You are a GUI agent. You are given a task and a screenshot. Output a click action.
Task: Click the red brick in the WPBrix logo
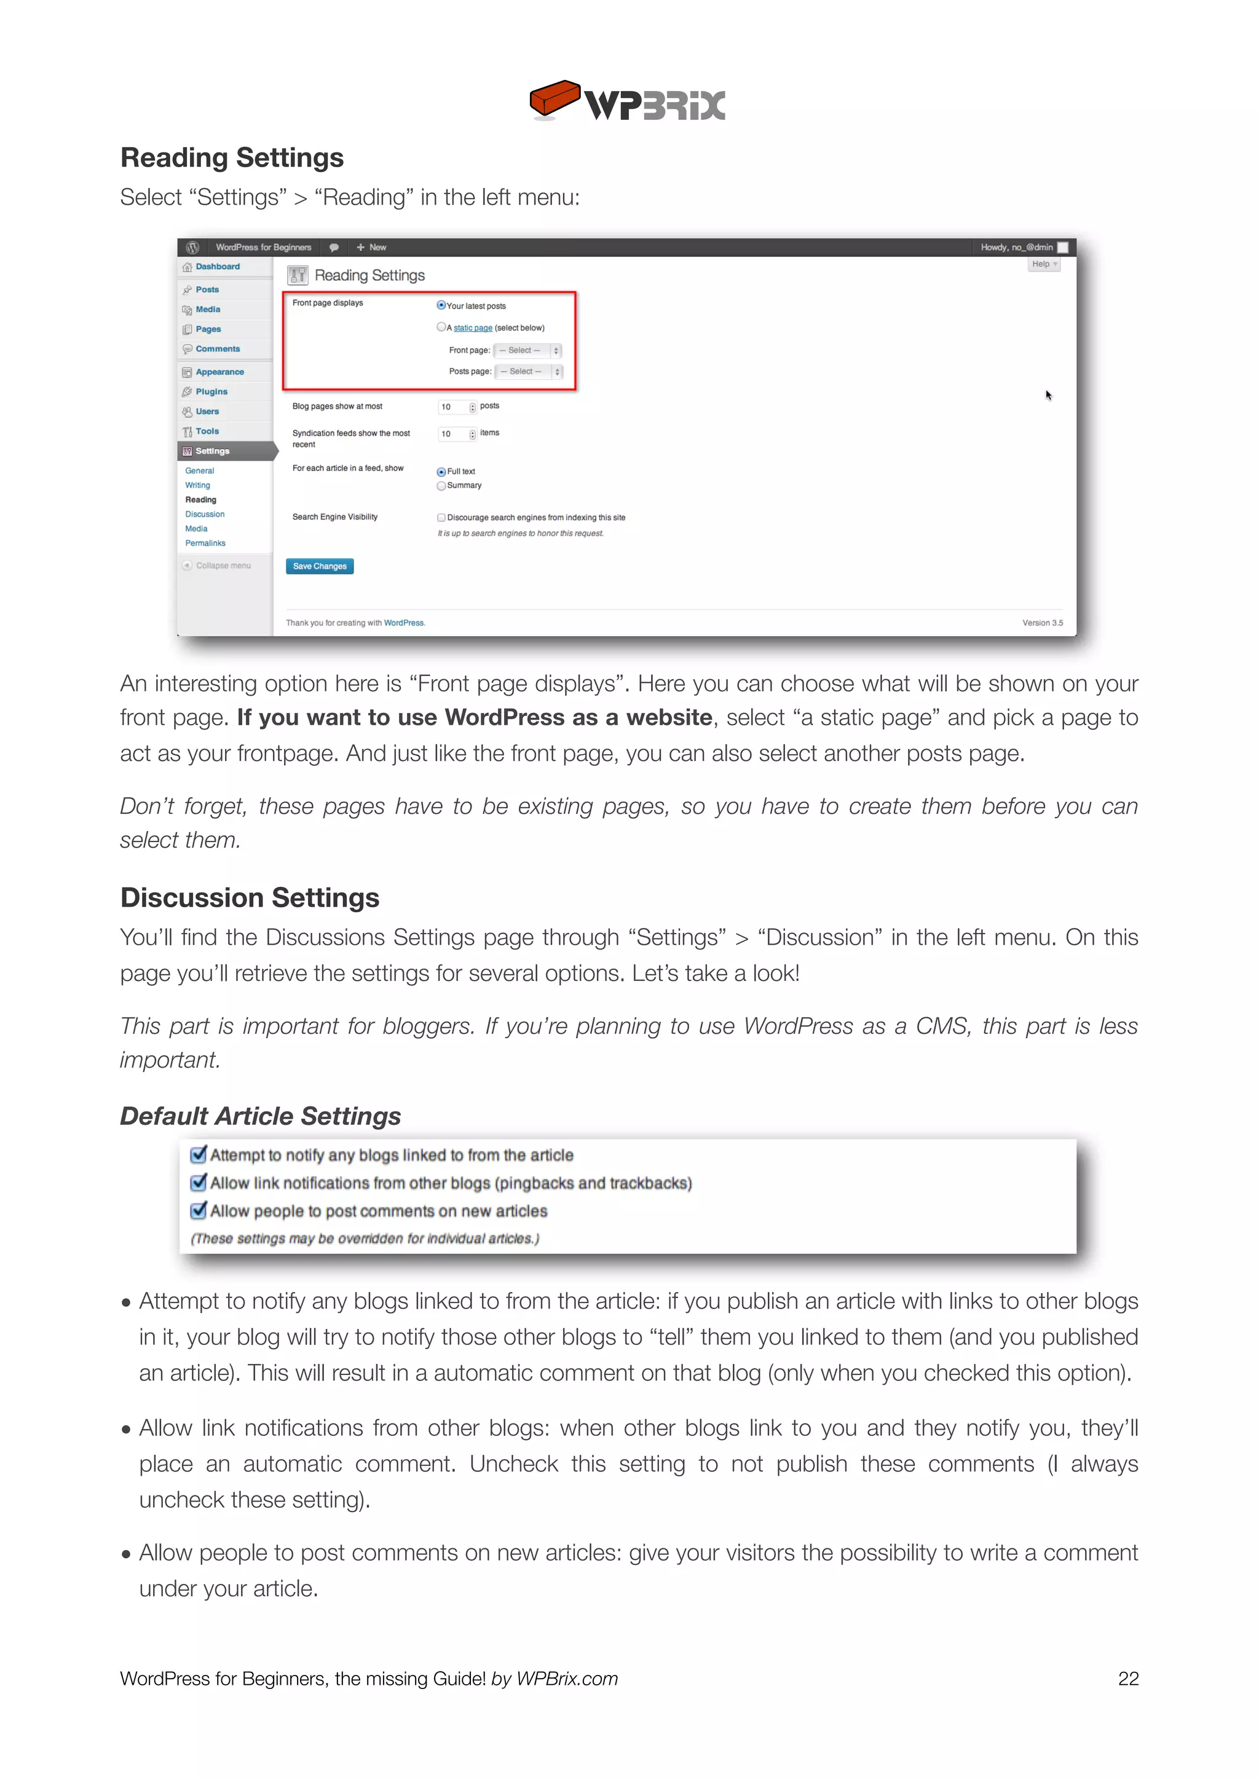coord(553,98)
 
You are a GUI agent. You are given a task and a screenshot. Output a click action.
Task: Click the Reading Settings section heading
coord(232,157)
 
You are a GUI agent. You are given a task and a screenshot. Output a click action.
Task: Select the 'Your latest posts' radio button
coord(441,305)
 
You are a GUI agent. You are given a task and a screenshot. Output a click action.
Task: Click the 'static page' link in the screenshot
coord(472,328)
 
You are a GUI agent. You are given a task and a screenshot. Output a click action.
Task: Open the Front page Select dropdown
coord(527,350)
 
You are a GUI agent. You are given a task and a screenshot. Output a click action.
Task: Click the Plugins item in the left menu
coord(211,392)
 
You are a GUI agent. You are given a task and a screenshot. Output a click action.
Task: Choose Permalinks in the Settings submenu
coord(205,543)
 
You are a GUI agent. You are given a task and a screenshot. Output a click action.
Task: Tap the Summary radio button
coord(441,486)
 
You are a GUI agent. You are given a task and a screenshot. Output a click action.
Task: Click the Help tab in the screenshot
coord(1043,264)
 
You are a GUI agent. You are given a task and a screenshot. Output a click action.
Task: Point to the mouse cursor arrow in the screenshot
coord(1048,395)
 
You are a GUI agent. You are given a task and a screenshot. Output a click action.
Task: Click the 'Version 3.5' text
coord(1042,623)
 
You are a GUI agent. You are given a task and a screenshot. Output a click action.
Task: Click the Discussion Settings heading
coord(250,898)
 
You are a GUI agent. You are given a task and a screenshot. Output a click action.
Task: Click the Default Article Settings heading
coord(261,1116)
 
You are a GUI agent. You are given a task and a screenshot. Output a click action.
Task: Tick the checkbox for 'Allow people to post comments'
coord(199,1211)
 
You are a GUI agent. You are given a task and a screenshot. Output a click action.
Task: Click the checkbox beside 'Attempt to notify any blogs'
coord(199,1155)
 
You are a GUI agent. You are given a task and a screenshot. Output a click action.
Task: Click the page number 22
coord(1128,1679)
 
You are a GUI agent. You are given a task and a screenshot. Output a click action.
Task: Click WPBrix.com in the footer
coord(567,1679)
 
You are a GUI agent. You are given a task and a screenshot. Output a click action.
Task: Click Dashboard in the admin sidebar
coord(217,267)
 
